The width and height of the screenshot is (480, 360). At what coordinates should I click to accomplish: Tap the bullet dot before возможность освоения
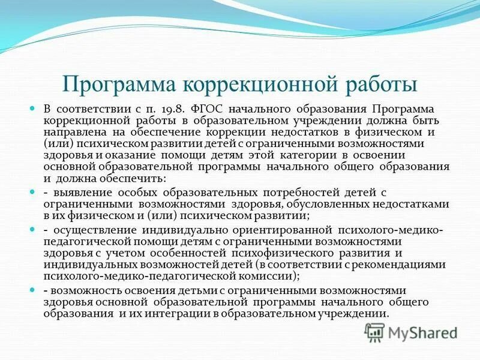coord(34,290)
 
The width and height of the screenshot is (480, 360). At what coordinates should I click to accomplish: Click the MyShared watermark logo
coord(410,332)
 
